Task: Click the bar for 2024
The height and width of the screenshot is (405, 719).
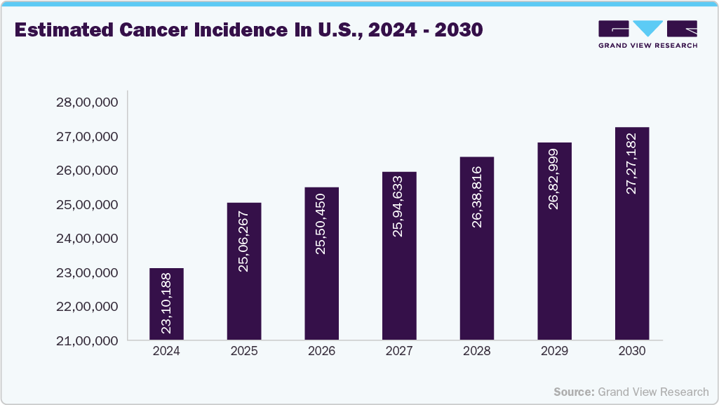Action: tap(166, 304)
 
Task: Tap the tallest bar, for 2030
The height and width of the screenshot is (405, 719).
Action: tap(631, 233)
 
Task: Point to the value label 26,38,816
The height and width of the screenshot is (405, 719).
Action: tap(477, 198)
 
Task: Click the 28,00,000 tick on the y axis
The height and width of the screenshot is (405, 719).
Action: tap(86, 102)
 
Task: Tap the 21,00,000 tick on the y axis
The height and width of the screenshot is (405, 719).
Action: tap(86, 341)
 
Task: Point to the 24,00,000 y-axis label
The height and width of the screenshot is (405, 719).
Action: tap(86, 239)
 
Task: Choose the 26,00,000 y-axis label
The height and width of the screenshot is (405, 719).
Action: tap(86, 171)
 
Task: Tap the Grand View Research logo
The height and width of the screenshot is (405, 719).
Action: tap(647, 34)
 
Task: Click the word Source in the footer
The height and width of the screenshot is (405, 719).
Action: tap(573, 392)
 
